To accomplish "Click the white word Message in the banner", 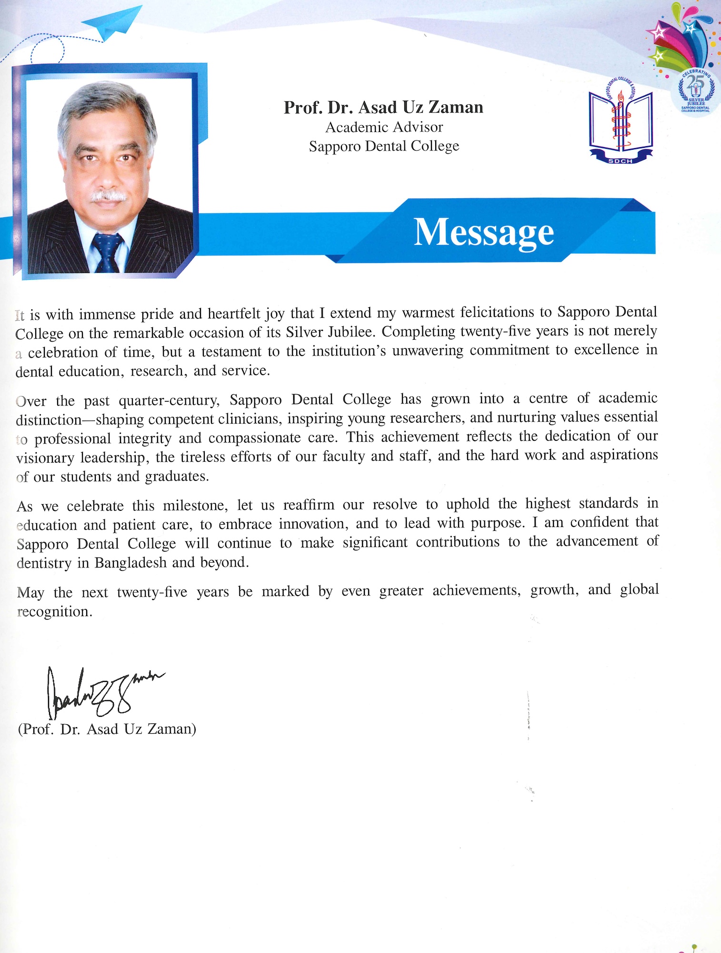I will point(483,232).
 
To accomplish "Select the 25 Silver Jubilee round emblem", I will point(695,91).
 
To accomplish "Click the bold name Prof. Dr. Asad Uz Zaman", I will point(383,108).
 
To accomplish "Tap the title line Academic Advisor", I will point(384,127).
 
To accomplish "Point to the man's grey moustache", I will point(109,195).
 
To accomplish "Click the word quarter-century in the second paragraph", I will point(169,400).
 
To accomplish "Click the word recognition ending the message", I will point(54,612).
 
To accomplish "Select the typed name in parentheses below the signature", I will point(107,730).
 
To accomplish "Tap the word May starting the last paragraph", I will point(30,593).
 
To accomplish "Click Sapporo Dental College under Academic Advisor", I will point(384,146).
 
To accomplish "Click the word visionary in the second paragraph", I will point(45,458).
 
